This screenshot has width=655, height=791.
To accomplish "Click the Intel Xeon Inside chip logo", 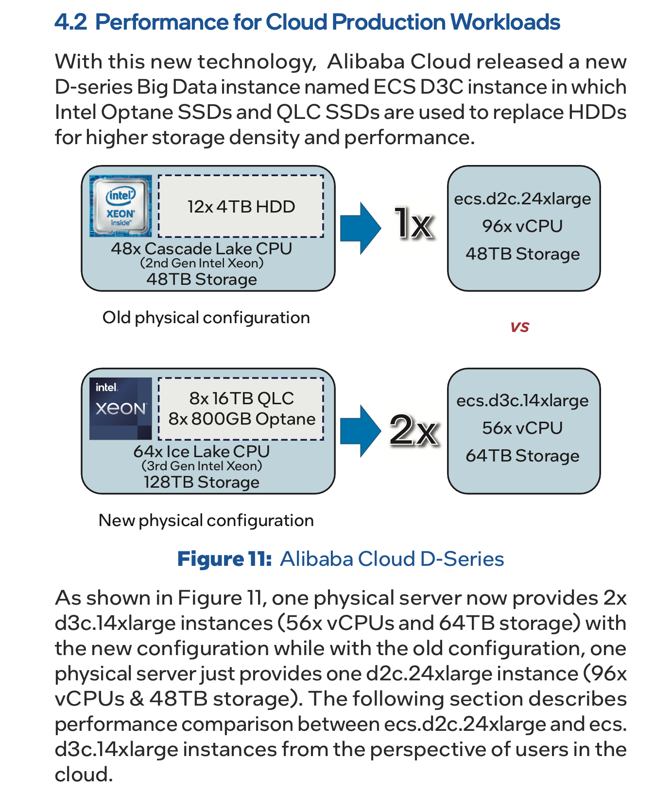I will point(121,206).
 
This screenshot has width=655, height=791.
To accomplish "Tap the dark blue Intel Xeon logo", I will point(121,409).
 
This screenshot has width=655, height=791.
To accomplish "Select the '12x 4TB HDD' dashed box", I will point(241,207).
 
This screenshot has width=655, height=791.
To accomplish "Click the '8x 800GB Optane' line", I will point(241,419).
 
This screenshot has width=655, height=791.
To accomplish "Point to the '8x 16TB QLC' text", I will point(241,398).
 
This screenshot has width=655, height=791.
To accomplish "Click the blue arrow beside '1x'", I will point(360,228).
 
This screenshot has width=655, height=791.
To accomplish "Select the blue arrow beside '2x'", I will point(360,430).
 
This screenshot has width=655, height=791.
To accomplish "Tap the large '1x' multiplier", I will point(414,224).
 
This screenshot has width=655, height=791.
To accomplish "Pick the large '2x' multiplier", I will point(414,429).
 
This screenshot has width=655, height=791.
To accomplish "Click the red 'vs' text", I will point(519,327).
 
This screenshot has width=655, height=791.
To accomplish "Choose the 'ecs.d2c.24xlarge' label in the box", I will point(522,199).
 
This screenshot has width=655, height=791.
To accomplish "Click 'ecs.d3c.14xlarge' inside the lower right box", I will point(522,401).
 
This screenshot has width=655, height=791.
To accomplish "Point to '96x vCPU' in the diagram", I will point(522,226).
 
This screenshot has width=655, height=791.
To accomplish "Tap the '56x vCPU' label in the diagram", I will point(522,428).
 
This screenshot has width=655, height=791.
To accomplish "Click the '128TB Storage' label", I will point(201,482).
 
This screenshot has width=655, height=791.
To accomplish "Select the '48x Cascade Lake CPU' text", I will point(201,248).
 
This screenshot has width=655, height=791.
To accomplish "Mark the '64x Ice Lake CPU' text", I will point(201,451).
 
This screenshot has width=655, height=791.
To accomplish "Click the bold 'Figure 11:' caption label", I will point(224,559).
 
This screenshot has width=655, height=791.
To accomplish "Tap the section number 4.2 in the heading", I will point(70,22).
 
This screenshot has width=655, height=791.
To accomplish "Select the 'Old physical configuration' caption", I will point(206,318).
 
